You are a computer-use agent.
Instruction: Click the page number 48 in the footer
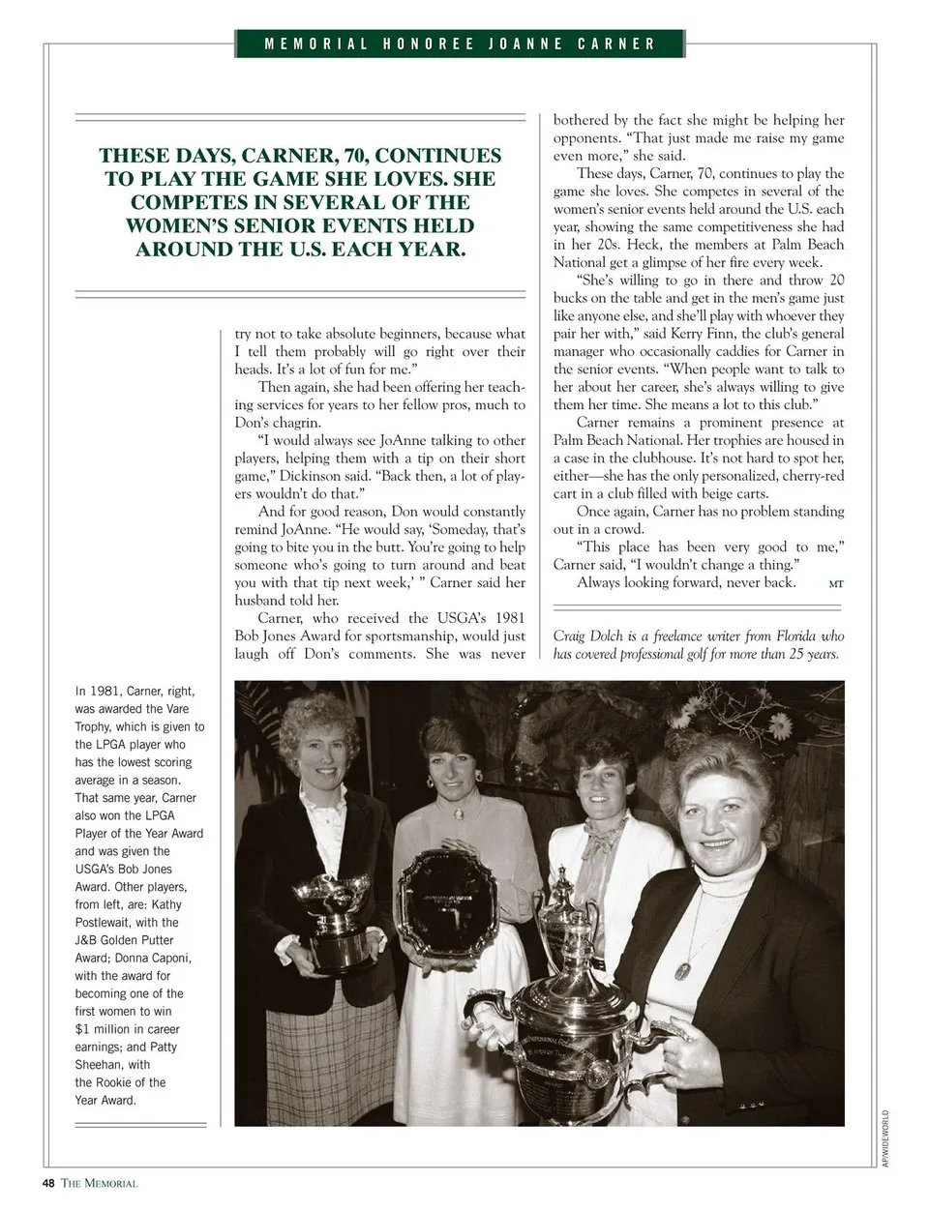pos(48,1182)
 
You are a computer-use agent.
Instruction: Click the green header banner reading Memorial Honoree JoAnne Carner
pos(461,44)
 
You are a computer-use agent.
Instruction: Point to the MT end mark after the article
pos(836,583)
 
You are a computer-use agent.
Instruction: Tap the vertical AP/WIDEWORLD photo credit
pos(884,1137)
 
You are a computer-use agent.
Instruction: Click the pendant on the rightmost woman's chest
pos(689,967)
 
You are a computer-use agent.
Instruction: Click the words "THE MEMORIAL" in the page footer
pos(100,1183)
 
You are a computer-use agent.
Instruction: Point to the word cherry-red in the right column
pos(809,476)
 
